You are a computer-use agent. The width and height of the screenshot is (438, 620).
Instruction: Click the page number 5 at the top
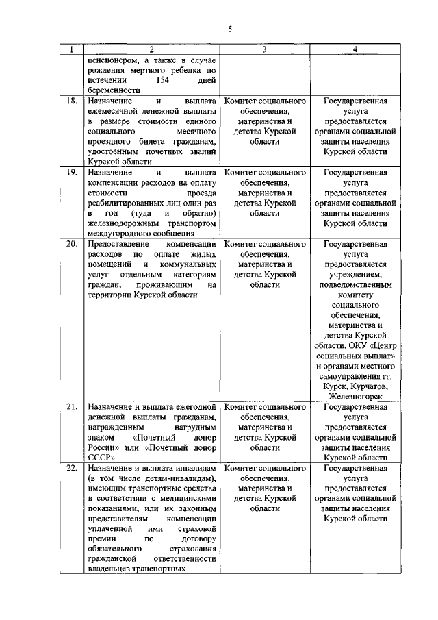click(x=231, y=28)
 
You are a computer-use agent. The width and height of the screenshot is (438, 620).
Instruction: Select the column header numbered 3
click(x=264, y=49)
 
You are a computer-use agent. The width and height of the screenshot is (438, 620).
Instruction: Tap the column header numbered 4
click(x=355, y=49)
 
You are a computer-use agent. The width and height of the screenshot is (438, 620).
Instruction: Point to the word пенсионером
click(x=113, y=60)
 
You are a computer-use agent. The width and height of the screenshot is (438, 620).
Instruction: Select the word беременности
click(x=114, y=90)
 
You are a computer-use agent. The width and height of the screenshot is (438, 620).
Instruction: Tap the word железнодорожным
click(x=123, y=223)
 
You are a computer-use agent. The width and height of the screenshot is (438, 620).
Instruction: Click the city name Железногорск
click(x=355, y=397)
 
